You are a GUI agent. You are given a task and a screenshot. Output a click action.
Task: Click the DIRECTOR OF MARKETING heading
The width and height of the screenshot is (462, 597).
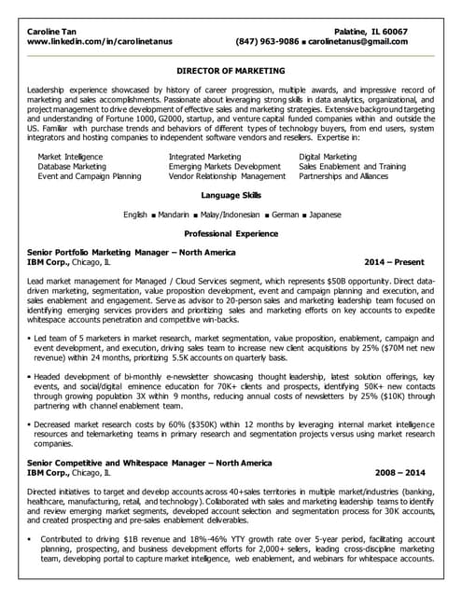pyautogui.click(x=231, y=70)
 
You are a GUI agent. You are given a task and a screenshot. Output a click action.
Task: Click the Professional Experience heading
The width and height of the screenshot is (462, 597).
pyautogui.click(x=231, y=233)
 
